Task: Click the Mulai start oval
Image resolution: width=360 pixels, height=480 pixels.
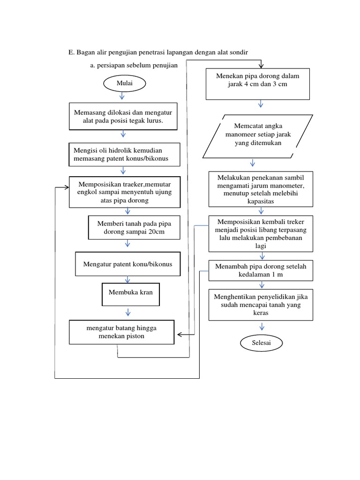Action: coord(125,83)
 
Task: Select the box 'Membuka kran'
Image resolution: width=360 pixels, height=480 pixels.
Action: coord(127,292)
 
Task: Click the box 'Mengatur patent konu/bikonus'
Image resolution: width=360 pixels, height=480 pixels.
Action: coord(127,264)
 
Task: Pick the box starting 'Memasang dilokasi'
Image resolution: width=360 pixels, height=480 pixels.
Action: coord(123,116)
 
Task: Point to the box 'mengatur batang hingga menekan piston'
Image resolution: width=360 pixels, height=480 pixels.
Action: coord(122,332)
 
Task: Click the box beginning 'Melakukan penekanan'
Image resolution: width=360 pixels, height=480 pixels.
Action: coord(261,189)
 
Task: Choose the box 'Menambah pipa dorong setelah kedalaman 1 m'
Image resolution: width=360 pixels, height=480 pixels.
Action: coord(261,270)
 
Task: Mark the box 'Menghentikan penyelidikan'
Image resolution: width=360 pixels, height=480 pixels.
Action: coord(261,305)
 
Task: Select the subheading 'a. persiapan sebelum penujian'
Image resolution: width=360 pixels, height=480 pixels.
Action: coord(134,66)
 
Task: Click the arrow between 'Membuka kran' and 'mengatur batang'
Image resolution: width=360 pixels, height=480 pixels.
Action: coord(128,312)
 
